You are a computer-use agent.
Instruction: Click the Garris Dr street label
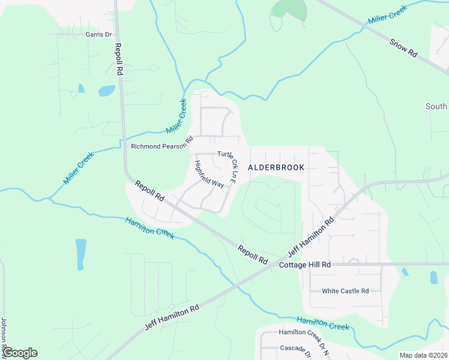(99, 35)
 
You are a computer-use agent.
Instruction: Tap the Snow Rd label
(403, 48)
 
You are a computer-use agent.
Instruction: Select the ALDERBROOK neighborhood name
(276, 168)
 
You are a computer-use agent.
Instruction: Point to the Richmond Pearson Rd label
(161, 146)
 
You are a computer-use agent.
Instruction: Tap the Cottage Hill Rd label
(305, 265)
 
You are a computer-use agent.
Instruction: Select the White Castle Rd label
(345, 291)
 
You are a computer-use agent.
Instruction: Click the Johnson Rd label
(4, 336)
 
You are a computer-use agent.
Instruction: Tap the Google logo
(19, 353)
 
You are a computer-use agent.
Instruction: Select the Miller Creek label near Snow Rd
(387, 15)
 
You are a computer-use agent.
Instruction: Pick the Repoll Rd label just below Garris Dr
(119, 59)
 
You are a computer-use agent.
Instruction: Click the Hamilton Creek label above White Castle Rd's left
(150, 228)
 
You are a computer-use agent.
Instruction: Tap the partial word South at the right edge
(436, 106)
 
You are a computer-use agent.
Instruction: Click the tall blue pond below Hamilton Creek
(80, 254)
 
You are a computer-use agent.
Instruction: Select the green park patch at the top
(289, 8)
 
